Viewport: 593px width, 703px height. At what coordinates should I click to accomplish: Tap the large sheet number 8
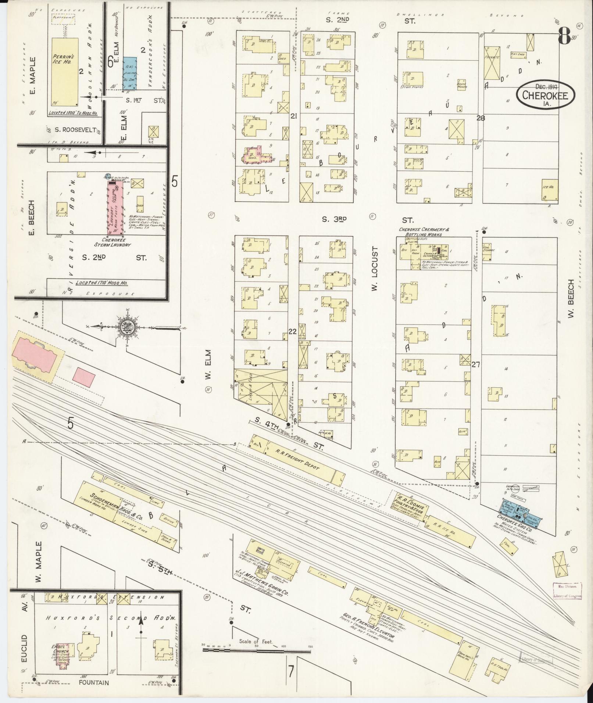[564, 36]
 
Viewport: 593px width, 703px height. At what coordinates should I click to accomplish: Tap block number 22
[293, 331]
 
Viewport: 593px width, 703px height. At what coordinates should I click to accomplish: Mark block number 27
[476, 365]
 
